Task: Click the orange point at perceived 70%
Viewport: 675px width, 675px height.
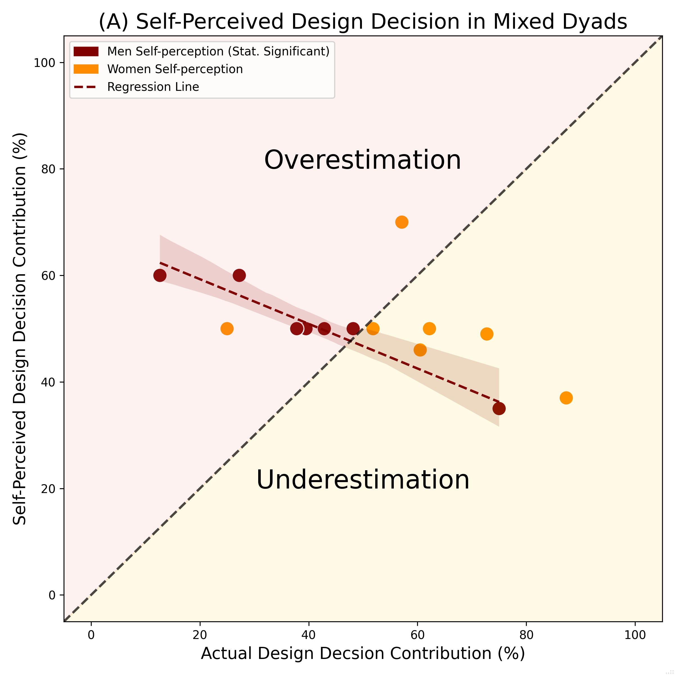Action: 402,222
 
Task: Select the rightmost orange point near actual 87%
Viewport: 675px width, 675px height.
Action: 566,398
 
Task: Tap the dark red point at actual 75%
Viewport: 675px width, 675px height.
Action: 499,408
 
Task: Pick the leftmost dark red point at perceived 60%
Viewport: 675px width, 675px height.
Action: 160,275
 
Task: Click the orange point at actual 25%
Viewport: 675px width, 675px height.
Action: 227,329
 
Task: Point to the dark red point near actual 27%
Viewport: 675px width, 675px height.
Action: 239,275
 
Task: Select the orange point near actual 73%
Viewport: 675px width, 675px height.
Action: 487,334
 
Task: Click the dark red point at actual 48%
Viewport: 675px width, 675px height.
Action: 353,329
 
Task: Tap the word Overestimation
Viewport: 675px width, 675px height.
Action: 363,160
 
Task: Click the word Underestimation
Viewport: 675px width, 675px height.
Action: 363,480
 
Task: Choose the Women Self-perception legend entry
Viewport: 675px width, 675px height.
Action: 175,69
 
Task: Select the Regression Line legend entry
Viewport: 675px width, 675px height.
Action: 153,87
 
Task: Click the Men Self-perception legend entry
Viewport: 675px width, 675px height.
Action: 218,52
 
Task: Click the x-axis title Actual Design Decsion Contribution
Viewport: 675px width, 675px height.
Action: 363,653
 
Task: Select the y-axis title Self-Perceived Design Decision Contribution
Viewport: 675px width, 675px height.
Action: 20,328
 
